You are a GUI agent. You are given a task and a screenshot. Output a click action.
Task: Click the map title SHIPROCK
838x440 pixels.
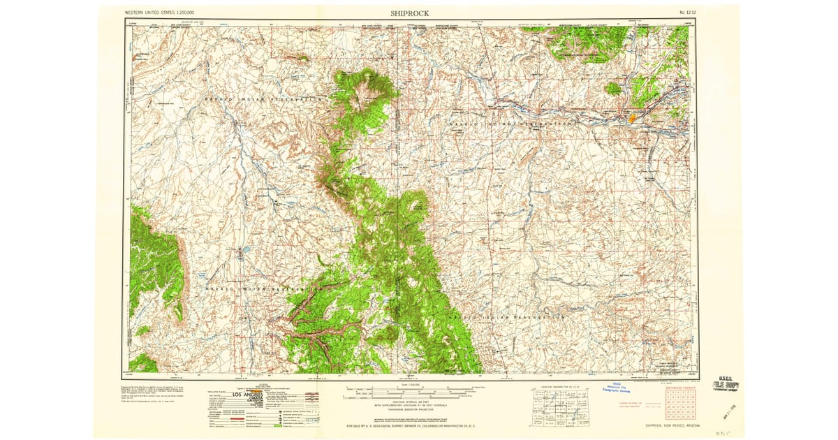tap(410, 13)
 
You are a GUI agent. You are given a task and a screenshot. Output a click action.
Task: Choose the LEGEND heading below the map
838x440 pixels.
tap(263, 385)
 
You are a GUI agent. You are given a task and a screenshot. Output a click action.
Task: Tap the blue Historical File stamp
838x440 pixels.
tap(621, 388)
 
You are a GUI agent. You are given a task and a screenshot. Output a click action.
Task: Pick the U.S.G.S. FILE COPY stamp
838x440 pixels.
tap(726, 386)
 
